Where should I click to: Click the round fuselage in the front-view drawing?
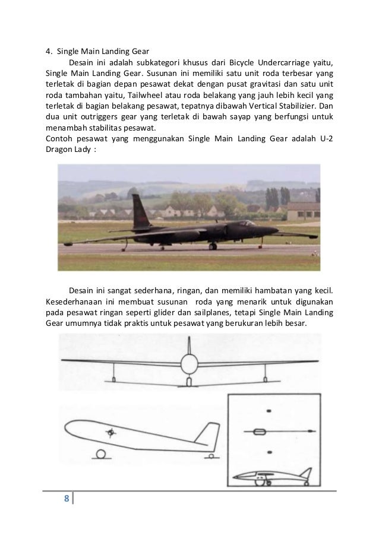point(189,363)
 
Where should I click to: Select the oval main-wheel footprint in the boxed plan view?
point(259,430)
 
